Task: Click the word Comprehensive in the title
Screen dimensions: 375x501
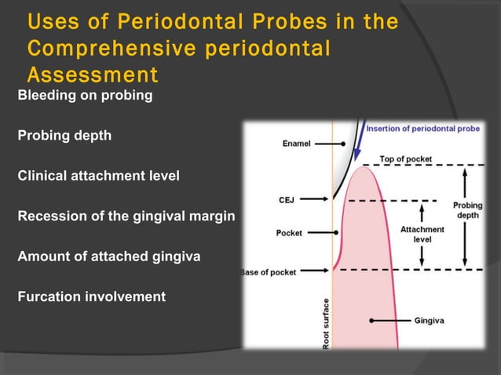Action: pos(105,49)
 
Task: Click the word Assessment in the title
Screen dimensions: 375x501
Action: pos(92,75)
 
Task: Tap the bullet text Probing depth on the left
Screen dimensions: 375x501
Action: pos(64,136)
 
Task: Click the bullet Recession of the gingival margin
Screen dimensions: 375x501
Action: pos(126,216)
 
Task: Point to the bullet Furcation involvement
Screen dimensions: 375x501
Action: pos(91,297)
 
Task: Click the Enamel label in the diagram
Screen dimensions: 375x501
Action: pos(296,144)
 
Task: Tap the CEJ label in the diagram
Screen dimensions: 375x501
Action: pos(287,200)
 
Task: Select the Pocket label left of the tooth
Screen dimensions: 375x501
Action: pos(289,233)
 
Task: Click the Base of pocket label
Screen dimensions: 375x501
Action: pos(268,271)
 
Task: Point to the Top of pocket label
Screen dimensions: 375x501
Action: pos(405,159)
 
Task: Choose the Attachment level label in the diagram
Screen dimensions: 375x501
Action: pos(422,234)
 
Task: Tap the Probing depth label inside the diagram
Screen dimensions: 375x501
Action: pos(468,210)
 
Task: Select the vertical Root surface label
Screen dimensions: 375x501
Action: pos(326,322)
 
